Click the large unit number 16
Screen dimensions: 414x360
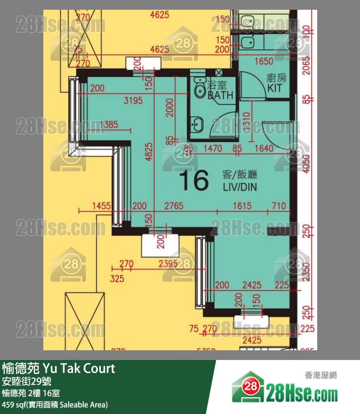coord(194,181)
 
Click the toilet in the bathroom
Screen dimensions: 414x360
coord(199,88)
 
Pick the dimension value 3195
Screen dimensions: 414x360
coord(133,101)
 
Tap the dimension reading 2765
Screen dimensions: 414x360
coord(174,206)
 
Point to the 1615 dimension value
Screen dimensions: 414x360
coord(242,206)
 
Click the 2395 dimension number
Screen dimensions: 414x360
coord(168,264)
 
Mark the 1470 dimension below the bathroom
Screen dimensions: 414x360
coord(213,149)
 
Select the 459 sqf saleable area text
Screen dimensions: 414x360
coord(54,404)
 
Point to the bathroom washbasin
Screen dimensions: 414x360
coord(197,124)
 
